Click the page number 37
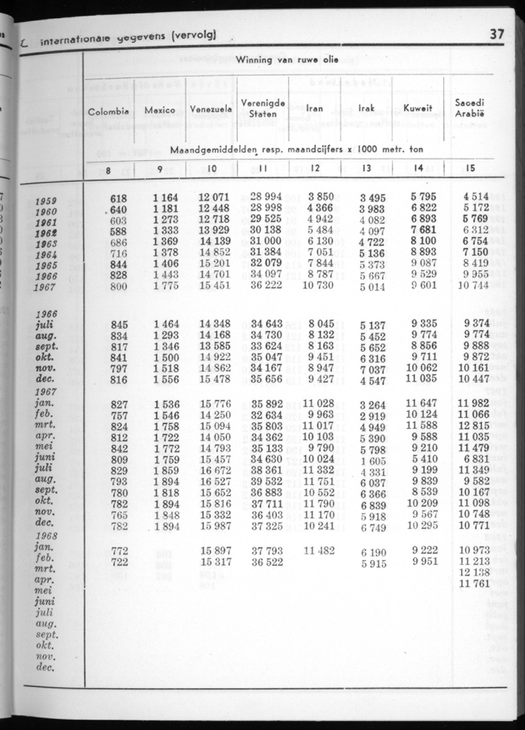click(497, 35)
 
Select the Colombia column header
click(108, 112)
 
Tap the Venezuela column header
click(211, 110)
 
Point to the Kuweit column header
click(417, 109)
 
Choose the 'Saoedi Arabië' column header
click(469, 108)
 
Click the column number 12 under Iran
click(314, 168)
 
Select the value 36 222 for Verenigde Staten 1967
click(267, 286)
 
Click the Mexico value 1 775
click(166, 286)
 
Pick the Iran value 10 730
click(318, 286)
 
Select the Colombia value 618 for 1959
click(118, 198)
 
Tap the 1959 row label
click(46, 201)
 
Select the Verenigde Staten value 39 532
click(267, 482)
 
